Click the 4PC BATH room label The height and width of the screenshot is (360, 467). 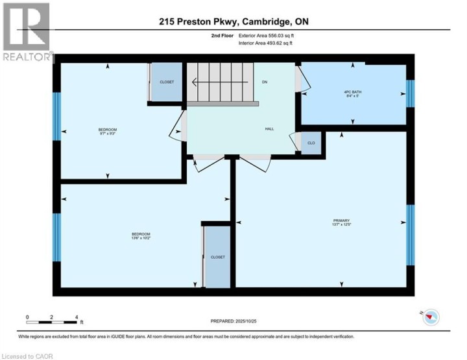[352, 93]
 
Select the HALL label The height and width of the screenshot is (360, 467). [269, 129]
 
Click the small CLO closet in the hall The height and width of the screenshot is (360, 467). [311, 143]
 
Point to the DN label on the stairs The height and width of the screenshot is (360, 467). [265, 82]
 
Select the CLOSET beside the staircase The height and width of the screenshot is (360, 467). [167, 82]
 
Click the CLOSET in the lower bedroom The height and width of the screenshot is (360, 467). [217, 257]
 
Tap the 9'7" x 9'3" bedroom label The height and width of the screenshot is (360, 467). [108, 132]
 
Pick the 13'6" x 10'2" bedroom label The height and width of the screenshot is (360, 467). [141, 236]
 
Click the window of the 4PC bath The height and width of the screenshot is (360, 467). [410, 93]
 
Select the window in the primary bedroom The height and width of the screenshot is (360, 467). [410, 235]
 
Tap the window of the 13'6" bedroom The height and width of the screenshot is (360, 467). [56, 237]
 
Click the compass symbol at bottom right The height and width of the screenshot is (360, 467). [431, 317]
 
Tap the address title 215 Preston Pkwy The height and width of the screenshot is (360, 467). [233, 21]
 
